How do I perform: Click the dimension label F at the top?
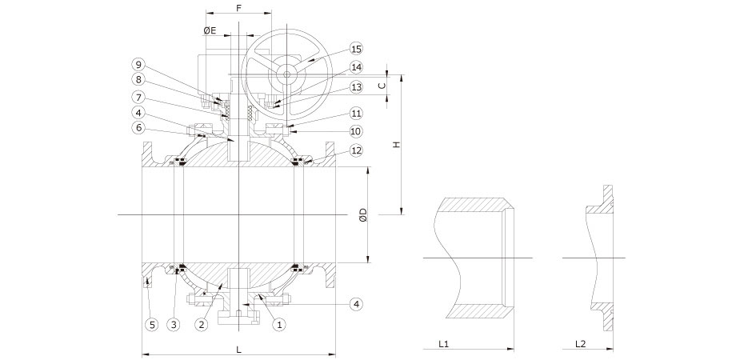coord(238,7)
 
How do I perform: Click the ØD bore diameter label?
coord(362,214)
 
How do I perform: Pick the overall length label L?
coord(238,349)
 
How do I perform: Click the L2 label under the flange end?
coord(580,344)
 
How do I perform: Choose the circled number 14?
coord(356,68)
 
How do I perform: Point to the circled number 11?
coord(356,114)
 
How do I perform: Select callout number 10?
coord(356,131)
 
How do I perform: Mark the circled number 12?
coord(356,151)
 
